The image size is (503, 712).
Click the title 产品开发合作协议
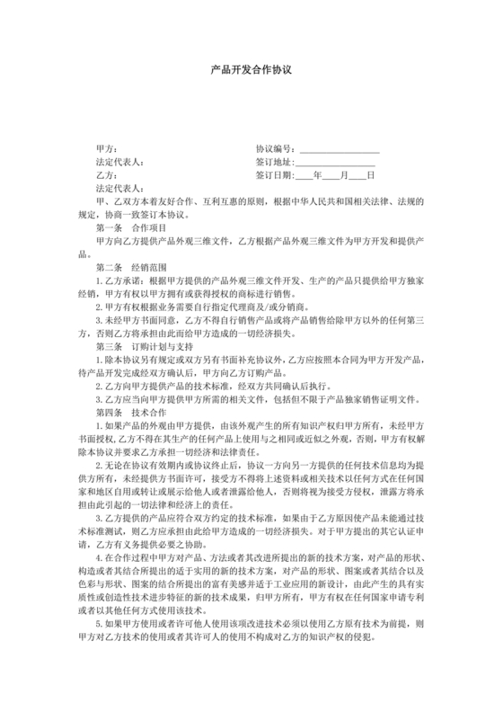251,68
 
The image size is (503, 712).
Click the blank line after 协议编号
339,150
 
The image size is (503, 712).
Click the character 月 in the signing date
345,176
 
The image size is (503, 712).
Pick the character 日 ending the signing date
371,176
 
